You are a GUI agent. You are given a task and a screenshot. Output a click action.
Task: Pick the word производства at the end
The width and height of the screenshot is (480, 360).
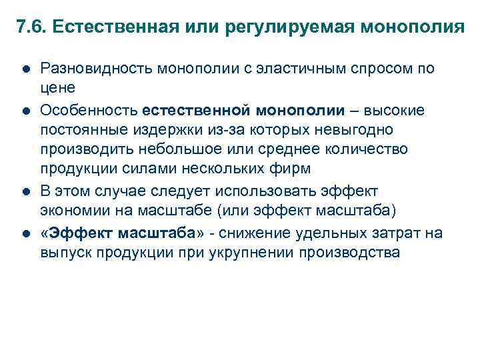pos(360,252)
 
